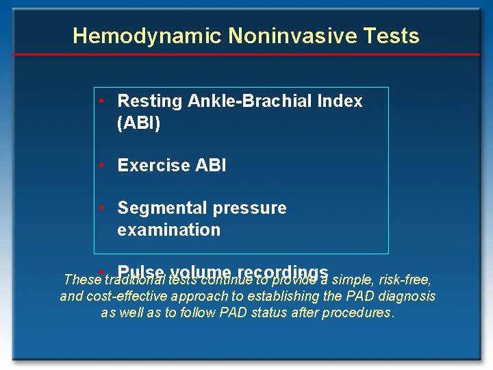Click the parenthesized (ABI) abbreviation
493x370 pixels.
[139, 123]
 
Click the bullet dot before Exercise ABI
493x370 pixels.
[101, 165]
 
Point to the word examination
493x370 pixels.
[169, 230]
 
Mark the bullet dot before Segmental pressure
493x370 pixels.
[101, 208]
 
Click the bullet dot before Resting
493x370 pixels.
[101, 101]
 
